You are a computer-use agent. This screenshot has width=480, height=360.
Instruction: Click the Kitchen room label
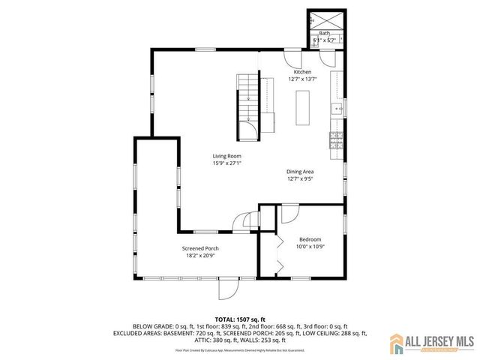coord(302,72)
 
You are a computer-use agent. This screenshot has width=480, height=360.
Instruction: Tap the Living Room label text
coord(226,156)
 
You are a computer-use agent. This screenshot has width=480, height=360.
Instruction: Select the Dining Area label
coord(300,172)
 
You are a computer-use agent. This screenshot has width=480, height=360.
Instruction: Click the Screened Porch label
coord(200,248)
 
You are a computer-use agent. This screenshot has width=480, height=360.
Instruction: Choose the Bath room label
coord(325,34)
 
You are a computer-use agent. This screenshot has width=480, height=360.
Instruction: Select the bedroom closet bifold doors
coord(277,255)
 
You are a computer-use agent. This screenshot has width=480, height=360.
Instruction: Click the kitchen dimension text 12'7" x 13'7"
coord(302,79)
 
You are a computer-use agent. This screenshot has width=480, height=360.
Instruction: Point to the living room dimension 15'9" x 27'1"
coord(226,163)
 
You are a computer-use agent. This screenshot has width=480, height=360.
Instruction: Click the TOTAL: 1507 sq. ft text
coord(240,319)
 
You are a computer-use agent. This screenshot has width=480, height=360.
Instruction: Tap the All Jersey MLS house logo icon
coord(397,345)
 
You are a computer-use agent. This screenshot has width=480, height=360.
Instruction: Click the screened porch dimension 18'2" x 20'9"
coord(200,256)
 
